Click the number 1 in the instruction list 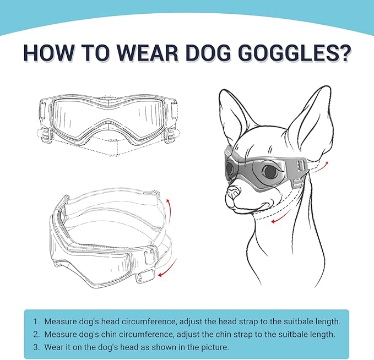36,321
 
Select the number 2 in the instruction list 36,334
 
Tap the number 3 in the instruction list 36,347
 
